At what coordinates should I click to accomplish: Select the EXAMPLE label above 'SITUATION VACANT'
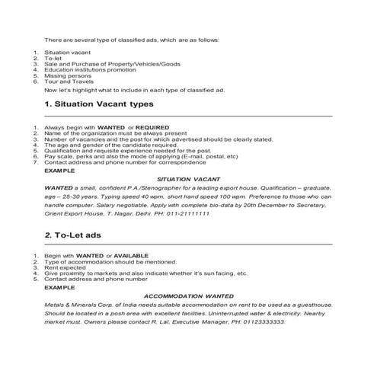click(59, 167)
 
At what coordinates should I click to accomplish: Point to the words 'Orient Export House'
click(73, 214)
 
